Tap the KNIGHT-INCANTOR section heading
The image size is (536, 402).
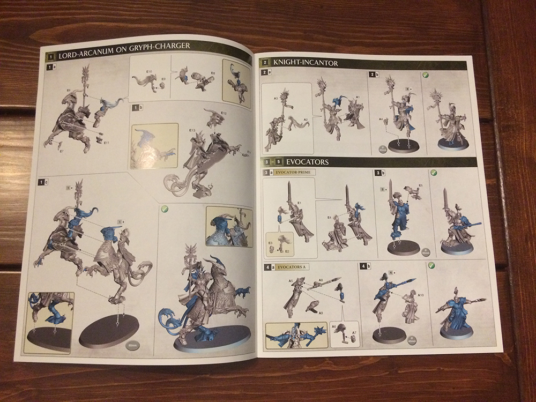305,63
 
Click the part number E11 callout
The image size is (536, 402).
106,142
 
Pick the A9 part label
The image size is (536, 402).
320,312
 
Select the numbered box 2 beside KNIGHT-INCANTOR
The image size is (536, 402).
264,63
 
